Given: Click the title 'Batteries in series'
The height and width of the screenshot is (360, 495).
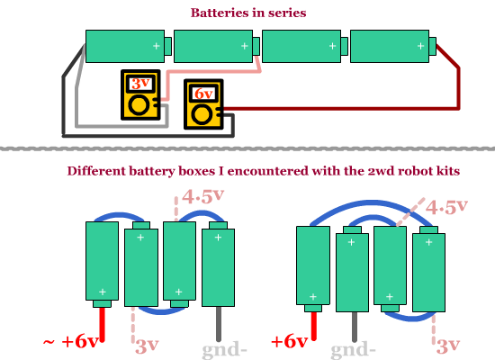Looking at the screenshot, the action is [248, 13].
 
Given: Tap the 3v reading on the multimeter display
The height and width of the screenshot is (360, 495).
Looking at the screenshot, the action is [140, 84].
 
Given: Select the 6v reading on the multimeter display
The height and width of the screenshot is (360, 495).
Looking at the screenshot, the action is [203, 94].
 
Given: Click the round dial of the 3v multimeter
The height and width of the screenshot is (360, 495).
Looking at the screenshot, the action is [139, 105].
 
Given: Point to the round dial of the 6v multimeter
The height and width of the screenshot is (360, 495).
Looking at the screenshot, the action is [202, 115].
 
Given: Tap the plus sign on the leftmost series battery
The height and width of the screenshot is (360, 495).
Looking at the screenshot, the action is [157, 46].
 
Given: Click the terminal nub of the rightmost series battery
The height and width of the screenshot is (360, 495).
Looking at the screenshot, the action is [433, 46].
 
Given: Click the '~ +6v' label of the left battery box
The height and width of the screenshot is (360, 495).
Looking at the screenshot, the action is [70, 342].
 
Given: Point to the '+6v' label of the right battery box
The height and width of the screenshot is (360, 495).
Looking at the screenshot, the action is [290, 342].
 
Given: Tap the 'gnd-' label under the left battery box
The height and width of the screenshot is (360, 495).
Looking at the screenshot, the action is [224, 350].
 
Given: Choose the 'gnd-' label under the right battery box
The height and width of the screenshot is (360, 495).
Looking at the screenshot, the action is [353, 350].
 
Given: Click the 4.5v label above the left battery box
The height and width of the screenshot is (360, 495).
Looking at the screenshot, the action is [203, 197].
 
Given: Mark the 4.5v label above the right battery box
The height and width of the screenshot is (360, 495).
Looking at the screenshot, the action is [446, 208].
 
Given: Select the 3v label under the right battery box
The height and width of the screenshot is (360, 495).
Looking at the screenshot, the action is [448, 346].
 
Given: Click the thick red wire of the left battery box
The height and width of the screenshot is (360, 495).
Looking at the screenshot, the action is [102, 324].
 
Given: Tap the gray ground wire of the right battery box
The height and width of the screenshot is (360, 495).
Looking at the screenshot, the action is [355, 327].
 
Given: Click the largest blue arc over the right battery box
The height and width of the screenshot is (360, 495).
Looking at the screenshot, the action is [372, 202].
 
